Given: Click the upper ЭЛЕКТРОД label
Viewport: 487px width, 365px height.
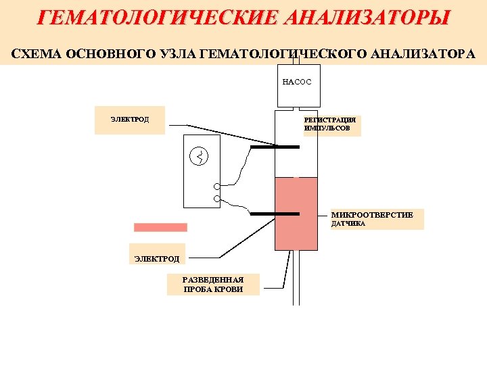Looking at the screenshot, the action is click(x=130, y=120).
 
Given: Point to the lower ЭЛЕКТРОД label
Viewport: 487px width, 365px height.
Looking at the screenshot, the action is click(x=157, y=258).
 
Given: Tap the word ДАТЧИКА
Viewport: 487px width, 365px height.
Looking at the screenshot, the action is click(x=348, y=224).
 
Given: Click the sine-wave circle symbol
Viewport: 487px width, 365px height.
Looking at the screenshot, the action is click(x=200, y=157).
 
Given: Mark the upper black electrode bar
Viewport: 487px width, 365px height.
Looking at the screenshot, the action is click(x=275, y=146).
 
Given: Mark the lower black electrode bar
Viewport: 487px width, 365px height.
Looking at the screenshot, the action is click(x=275, y=213).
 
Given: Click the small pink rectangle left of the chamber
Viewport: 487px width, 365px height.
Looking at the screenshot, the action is click(x=160, y=228).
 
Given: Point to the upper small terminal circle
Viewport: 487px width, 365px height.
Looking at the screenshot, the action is click(x=216, y=187).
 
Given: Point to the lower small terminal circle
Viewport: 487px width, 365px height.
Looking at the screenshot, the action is click(x=216, y=199).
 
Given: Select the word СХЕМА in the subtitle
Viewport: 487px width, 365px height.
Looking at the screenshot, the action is click(x=36, y=53).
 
